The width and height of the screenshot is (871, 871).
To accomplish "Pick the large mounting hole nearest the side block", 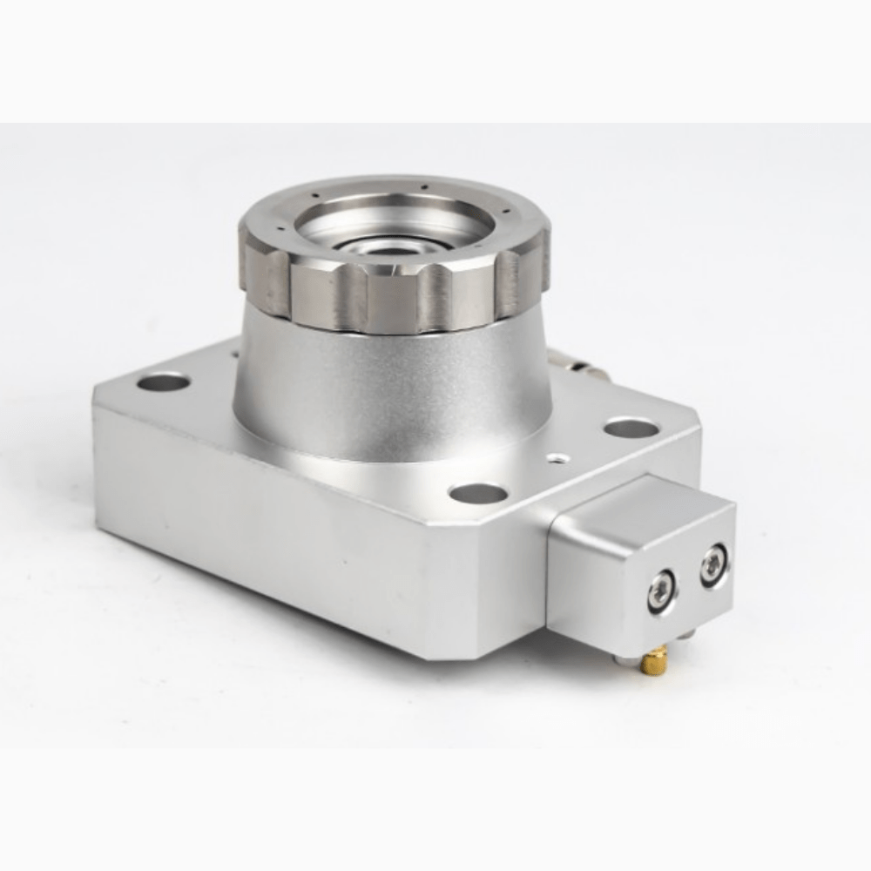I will click(631, 428).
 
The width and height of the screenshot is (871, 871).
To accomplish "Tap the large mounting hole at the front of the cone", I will click(478, 494).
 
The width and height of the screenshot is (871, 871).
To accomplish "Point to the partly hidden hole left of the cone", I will click(233, 354).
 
